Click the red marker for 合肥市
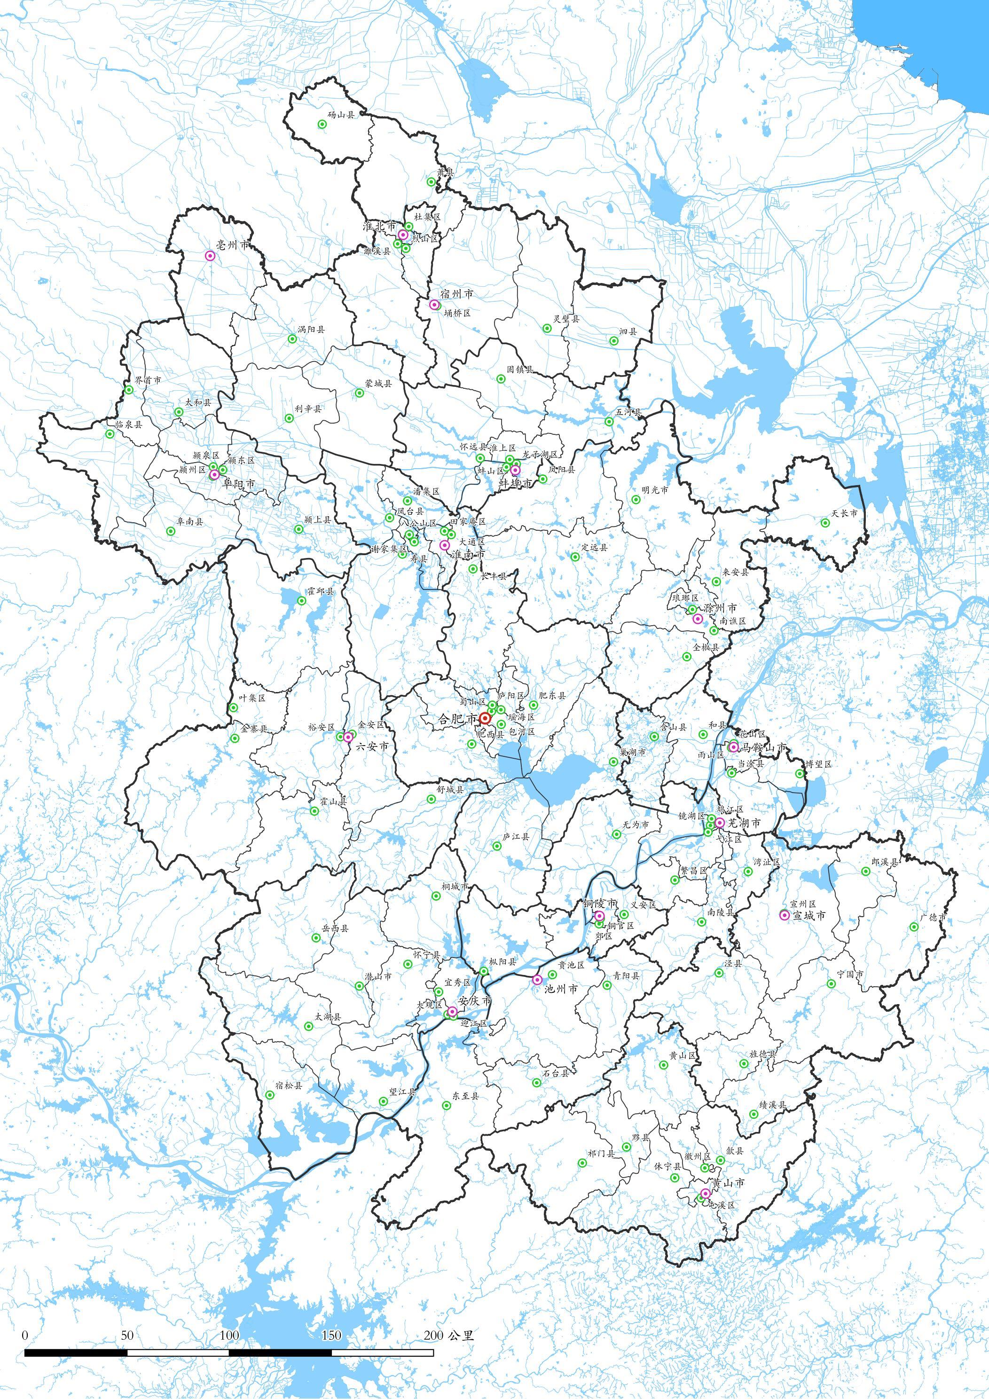pos(485,718)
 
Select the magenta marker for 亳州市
pos(210,257)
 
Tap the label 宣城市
pos(808,915)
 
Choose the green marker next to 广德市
pos(913,927)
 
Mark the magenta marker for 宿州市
pos(434,305)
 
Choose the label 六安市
pos(372,745)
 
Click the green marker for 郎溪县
pos(865,872)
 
